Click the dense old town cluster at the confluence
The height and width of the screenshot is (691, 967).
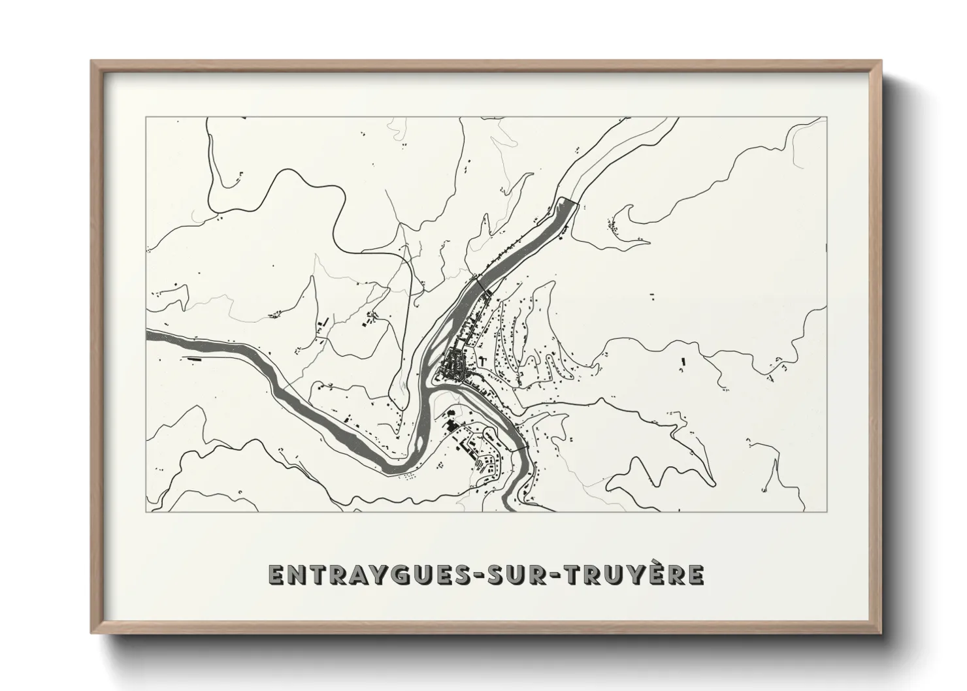pos(453,366)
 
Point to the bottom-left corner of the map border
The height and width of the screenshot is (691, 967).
pos(147,511)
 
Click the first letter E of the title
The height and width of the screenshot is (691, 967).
pos(275,575)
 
